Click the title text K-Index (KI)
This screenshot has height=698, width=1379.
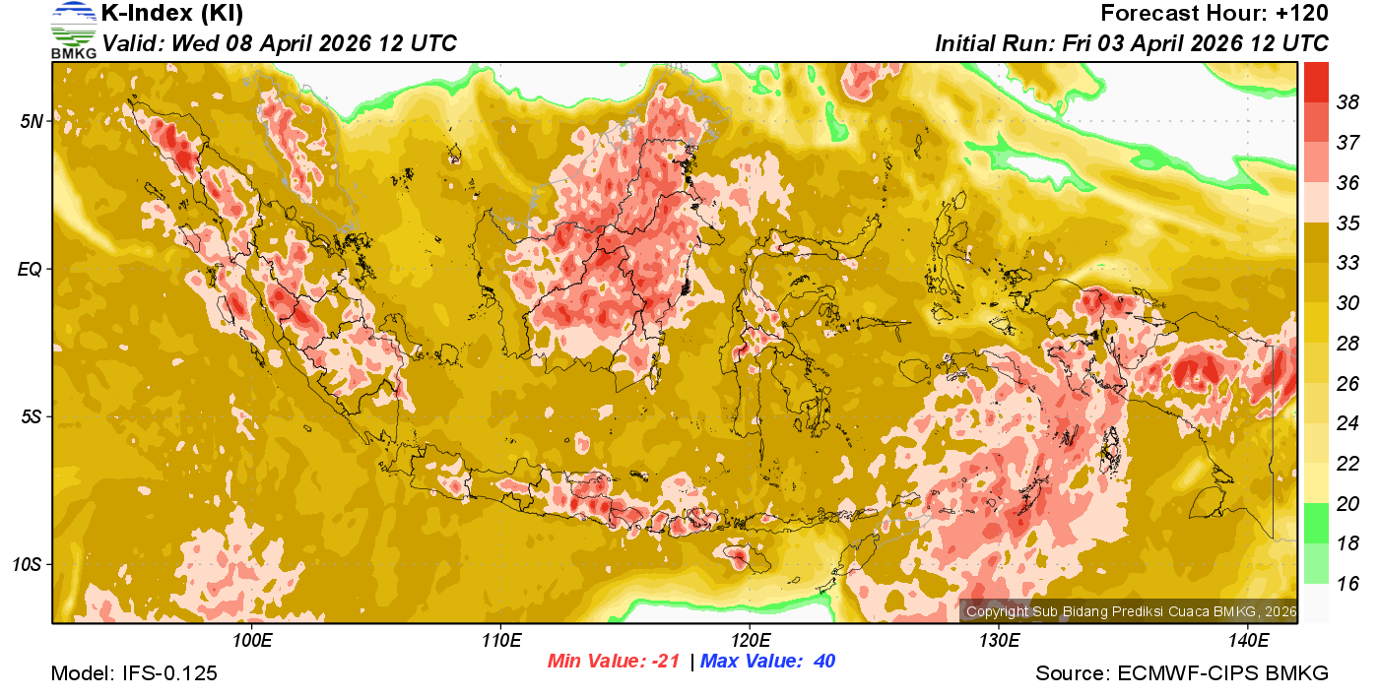pyautogui.click(x=172, y=14)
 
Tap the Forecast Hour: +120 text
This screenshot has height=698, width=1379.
pyautogui.click(x=1215, y=14)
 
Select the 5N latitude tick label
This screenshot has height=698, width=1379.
pyautogui.click(x=33, y=121)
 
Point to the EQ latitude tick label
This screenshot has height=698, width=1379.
pyautogui.click(x=33, y=269)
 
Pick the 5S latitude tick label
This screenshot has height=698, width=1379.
pyautogui.click(x=33, y=416)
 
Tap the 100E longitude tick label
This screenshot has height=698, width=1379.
pyautogui.click(x=251, y=641)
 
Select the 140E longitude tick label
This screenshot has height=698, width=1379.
pyautogui.click(x=1248, y=641)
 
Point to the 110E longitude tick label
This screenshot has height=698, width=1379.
pyautogui.click(x=500, y=641)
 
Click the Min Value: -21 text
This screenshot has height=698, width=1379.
pyautogui.click(x=614, y=662)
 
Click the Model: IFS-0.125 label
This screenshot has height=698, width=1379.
pyautogui.click(x=134, y=673)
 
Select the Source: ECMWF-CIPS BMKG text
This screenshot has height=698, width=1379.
pyautogui.click(x=1182, y=673)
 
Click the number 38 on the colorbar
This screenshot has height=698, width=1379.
pyautogui.click(x=1347, y=102)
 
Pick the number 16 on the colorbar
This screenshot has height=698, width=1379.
pyautogui.click(x=1347, y=584)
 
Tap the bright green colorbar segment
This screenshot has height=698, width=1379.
pyautogui.click(x=1317, y=523)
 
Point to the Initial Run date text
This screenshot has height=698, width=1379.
pyautogui.click(x=1132, y=44)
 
